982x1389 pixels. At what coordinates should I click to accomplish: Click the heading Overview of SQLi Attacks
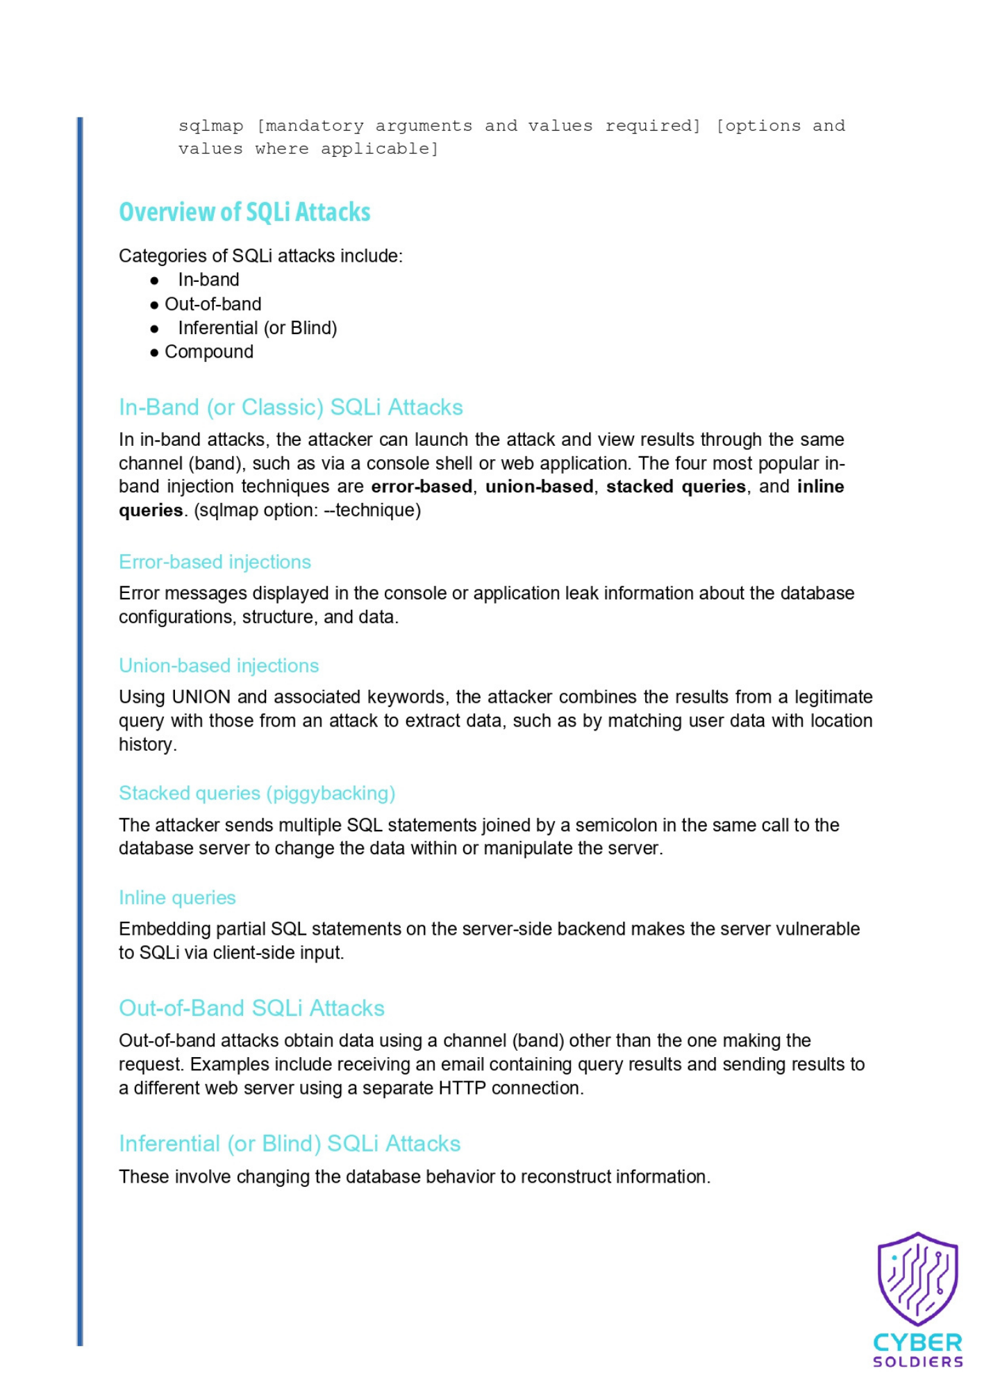244,212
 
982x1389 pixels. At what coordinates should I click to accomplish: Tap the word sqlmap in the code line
210,126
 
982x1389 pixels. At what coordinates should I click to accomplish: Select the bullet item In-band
208,280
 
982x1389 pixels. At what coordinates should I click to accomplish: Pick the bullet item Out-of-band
213,304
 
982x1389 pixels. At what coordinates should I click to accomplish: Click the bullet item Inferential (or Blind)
257,328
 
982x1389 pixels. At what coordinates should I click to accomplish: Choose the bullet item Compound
208,352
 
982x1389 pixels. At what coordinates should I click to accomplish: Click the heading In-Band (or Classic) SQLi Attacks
290,407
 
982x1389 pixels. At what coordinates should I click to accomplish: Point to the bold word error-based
422,487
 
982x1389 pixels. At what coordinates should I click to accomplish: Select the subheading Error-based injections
215,562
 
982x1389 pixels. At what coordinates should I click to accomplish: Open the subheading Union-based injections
219,666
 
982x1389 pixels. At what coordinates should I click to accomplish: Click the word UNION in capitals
201,697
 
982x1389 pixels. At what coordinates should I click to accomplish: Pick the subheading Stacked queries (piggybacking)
257,793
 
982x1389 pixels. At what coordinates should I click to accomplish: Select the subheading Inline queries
177,898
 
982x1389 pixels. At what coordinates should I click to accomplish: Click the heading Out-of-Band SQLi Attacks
251,1008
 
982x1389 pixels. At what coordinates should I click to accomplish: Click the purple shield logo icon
917,1279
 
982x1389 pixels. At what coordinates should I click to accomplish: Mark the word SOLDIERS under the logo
917,1362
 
